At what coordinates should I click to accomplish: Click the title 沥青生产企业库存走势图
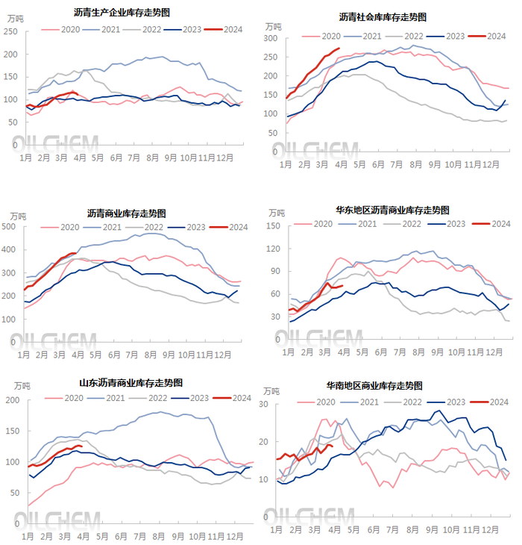122,13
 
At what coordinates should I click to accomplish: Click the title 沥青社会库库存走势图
388,16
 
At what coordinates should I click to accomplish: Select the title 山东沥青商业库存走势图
131,383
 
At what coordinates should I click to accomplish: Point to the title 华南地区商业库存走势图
374,386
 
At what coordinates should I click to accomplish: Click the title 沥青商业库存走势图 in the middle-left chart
127,214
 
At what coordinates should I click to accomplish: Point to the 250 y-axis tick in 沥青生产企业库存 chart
10,31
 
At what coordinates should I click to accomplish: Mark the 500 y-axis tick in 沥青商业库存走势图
10,226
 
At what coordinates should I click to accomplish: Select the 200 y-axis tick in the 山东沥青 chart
13,400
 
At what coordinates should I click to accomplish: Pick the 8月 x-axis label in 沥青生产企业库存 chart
153,158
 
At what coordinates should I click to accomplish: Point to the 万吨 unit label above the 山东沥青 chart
22,386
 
